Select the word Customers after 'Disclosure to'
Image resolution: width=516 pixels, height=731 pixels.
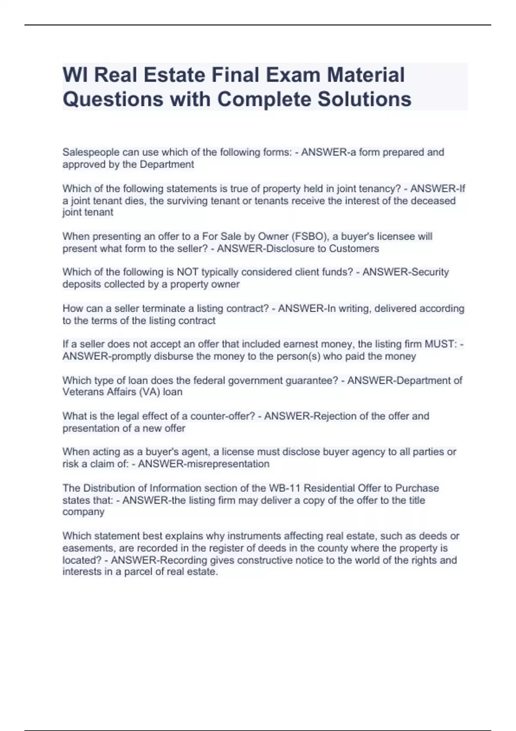pos(354,249)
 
